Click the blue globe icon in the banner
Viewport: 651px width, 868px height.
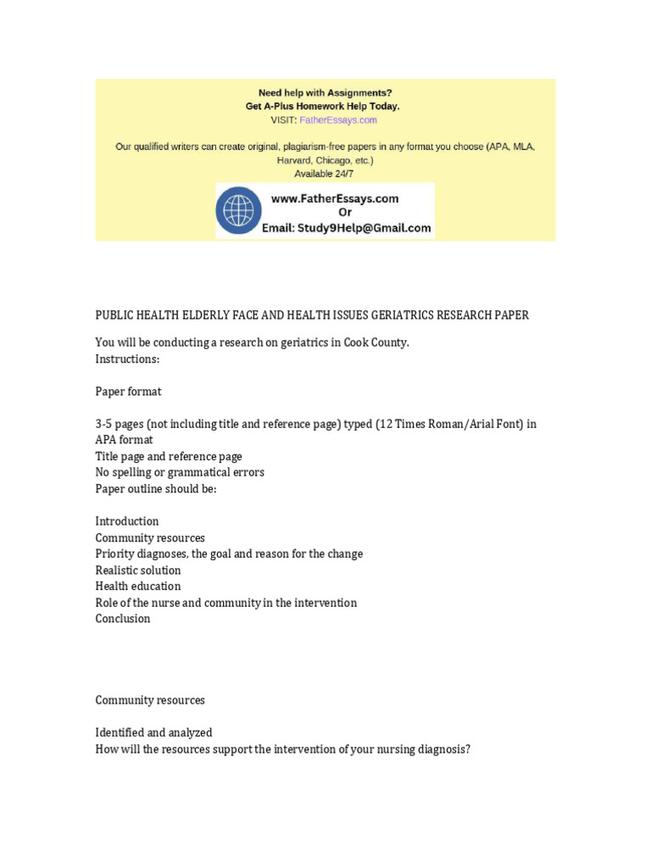coord(242,210)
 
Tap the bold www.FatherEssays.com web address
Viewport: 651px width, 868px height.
coord(334,198)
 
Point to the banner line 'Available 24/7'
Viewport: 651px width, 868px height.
coord(325,173)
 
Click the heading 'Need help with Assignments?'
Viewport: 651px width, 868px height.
coord(325,92)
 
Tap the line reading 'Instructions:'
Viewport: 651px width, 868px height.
coord(127,359)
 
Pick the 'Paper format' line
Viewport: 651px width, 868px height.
coord(128,392)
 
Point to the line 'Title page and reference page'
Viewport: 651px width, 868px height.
coord(169,456)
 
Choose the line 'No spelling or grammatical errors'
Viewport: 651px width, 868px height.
coord(180,472)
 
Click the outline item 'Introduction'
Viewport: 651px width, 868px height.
coord(127,521)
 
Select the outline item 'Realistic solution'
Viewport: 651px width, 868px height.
coord(138,570)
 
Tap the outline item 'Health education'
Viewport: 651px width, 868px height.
coord(138,587)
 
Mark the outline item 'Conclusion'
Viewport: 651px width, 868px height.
coord(123,619)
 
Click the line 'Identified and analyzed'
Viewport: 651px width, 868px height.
coord(154,732)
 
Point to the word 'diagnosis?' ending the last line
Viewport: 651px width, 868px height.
coord(443,749)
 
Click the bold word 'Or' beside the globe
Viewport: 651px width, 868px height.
coord(345,212)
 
